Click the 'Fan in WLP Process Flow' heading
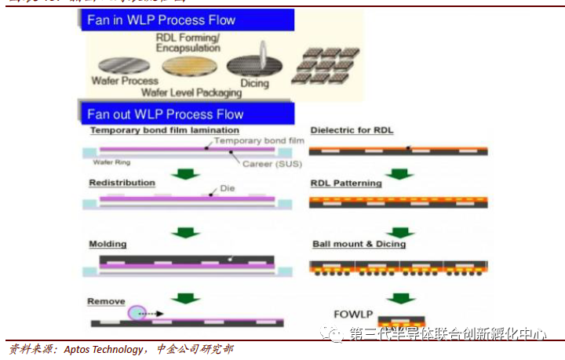coord(161,20)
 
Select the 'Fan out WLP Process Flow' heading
coord(166,114)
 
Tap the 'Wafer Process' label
coord(124,81)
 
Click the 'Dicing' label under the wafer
coord(253,82)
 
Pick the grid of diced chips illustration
coord(325,67)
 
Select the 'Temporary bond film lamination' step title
coord(164,130)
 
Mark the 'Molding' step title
coord(108,244)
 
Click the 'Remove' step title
coord(106,301)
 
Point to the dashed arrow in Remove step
coord(154,314)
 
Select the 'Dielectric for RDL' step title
coord(352,130)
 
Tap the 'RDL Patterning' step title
coord(346,184)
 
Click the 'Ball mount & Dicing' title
coord(359,244)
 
